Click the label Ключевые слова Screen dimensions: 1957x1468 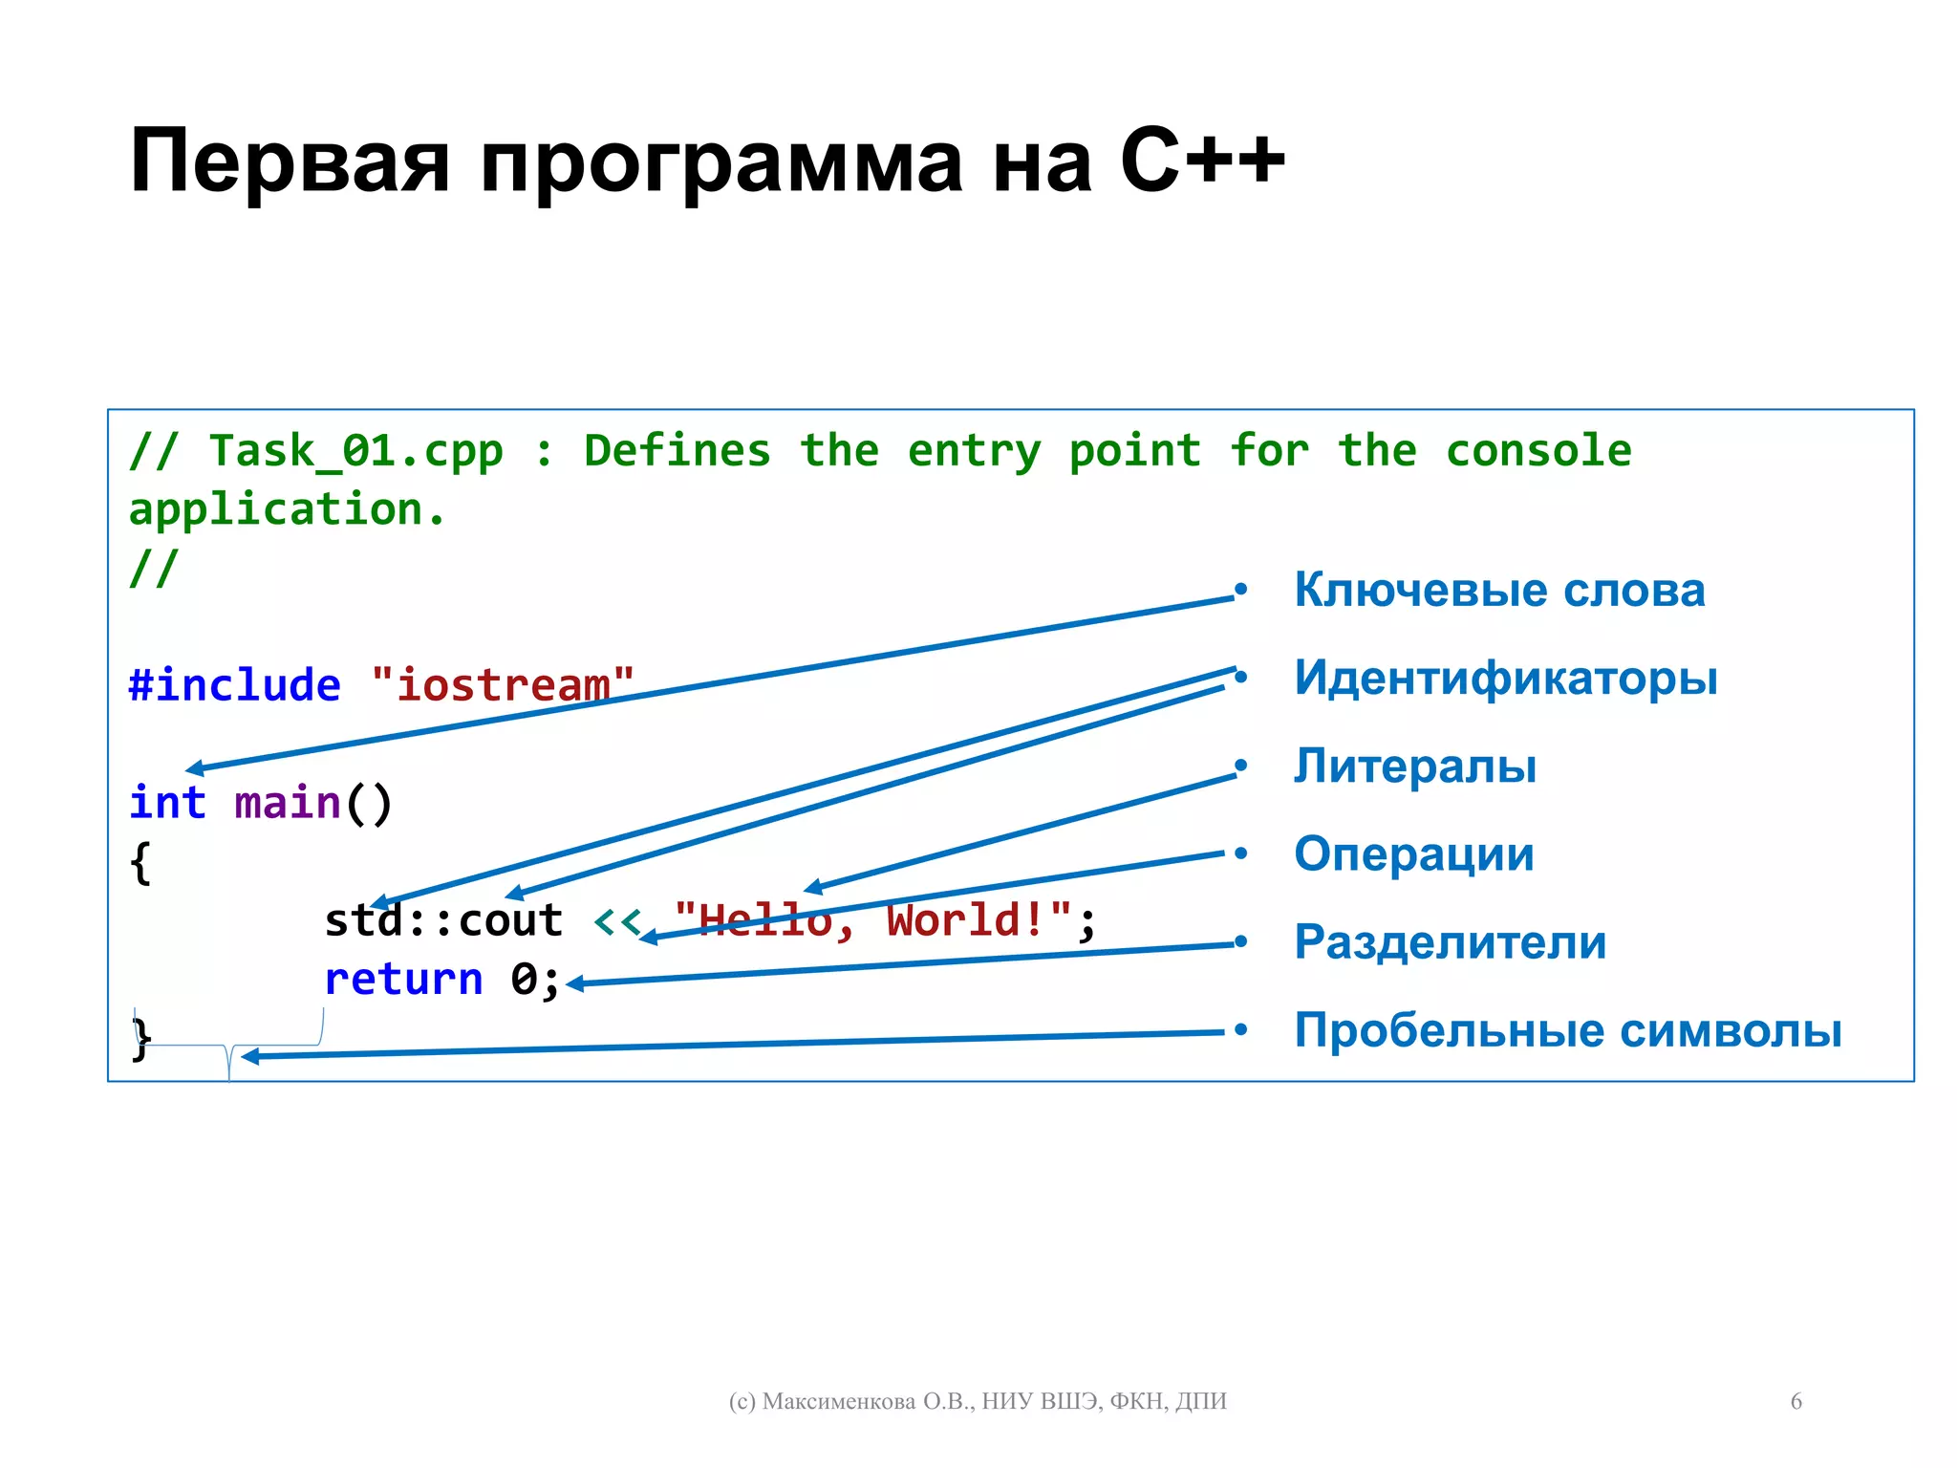(x=1498, y=591)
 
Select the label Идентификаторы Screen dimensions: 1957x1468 (x=1505, y=679)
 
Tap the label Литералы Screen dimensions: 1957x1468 (x=1414, y=766)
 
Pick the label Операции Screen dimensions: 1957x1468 (x=1413, y=854)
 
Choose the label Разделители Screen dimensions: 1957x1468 (x=1450, y=942)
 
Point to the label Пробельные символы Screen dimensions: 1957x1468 (x=1567, y=1030)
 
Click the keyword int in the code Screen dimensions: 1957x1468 (x=167, y=803)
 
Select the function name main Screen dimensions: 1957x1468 (x=287, y=803)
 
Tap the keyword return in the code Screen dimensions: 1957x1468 (x=403, y=980)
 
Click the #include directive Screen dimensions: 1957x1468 (x=234, y=685)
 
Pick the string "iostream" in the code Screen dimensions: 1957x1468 (x=503, y=685)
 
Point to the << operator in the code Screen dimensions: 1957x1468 (x=616, y=921)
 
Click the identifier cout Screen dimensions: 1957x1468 (x=510, y=921)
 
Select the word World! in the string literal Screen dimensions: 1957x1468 (x=965, y=921)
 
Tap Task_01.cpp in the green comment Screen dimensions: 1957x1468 (x=355, y=451)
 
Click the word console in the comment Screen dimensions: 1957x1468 (x=1538, y=451)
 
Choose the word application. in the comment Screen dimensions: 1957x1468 (x=287, y=509)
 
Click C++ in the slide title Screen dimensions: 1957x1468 (x=1202, y=161)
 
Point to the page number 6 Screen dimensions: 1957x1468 (x=1796, y=1401)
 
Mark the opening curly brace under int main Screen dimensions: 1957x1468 (x=140, y=862)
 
